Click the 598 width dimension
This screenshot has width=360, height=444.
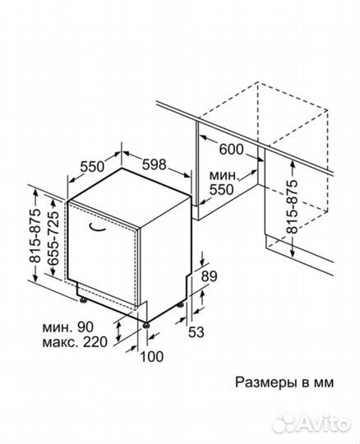pos(155,164)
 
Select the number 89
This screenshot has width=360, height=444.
pos(209,276)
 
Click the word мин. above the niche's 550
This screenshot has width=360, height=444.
pos(223,174)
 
